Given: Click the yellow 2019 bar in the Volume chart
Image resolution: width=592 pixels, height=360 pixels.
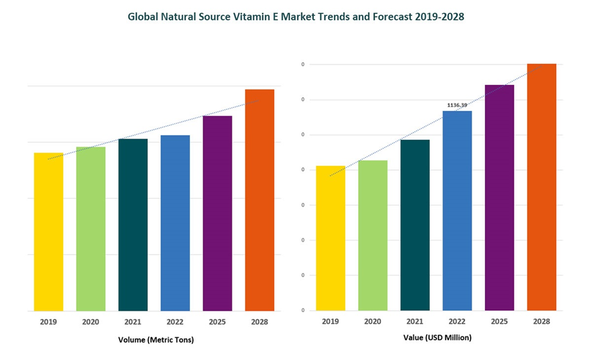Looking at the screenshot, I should [x=48, y=232].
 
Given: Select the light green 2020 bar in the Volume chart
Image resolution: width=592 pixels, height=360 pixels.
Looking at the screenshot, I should [x=91, y=229].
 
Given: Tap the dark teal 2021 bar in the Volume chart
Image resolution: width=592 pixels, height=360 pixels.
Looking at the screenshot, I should [x=133, y=224].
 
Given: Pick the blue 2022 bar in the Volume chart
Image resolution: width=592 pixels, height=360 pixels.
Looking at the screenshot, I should [x=175, y=223].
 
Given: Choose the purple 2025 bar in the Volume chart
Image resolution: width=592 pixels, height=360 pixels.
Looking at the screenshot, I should [x=217, y=213].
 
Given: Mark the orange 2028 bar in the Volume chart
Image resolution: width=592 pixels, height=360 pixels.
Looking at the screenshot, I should [x=259, y=200].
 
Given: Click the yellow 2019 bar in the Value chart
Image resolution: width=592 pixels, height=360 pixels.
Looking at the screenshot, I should [x=330, y=238].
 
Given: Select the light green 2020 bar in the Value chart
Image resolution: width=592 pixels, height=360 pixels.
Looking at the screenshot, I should [x=373, y=235].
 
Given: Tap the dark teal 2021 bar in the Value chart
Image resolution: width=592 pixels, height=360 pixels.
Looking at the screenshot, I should [x=415, y=225].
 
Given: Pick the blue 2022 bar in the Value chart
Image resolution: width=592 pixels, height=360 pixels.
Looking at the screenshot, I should [x=457, y=210].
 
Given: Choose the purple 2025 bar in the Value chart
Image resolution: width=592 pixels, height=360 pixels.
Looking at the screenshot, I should [x=500, y=197].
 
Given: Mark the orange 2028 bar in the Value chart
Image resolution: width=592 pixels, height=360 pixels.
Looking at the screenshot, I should [x=542, y=187].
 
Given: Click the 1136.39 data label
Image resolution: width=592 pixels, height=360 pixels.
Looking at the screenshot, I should [x=457, y=105].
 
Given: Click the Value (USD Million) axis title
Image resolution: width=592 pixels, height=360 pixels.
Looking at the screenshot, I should [x=439, y=337].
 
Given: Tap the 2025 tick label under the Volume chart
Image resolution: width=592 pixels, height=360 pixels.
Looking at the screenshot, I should [x=217, y=322].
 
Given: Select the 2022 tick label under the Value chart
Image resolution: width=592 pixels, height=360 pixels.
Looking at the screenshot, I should [x=457, y=322].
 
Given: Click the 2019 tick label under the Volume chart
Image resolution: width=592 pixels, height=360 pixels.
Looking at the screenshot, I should [x=48, y=322].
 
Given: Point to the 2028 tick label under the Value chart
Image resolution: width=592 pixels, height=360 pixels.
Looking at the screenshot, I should [x=542, y=322].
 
